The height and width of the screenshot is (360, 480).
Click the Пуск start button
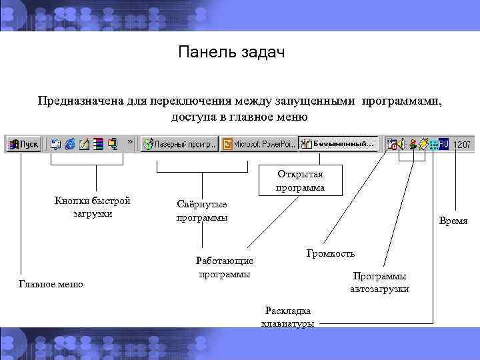[23, 143]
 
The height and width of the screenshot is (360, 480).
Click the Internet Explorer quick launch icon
[70, 143]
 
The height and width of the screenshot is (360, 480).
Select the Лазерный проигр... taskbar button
[181, 143]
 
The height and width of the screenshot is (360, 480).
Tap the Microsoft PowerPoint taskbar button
[258, 143]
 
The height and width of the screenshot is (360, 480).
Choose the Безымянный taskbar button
[337, 143]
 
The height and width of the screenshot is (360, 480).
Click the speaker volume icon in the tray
[402, 143]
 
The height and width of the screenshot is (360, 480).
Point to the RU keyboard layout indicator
[443, 143]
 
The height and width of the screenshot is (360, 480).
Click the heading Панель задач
[231, 52]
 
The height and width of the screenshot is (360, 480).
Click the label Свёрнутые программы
[201, 211]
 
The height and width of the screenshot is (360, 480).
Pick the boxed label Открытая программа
[301, 181]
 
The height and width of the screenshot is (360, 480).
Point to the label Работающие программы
[225, 267]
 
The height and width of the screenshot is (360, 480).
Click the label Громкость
[331, 253]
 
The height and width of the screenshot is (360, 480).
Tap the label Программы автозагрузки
[380, 282]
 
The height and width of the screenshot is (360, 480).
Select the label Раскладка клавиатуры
[288, 317]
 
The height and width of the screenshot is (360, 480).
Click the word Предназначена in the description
[79, 101]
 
